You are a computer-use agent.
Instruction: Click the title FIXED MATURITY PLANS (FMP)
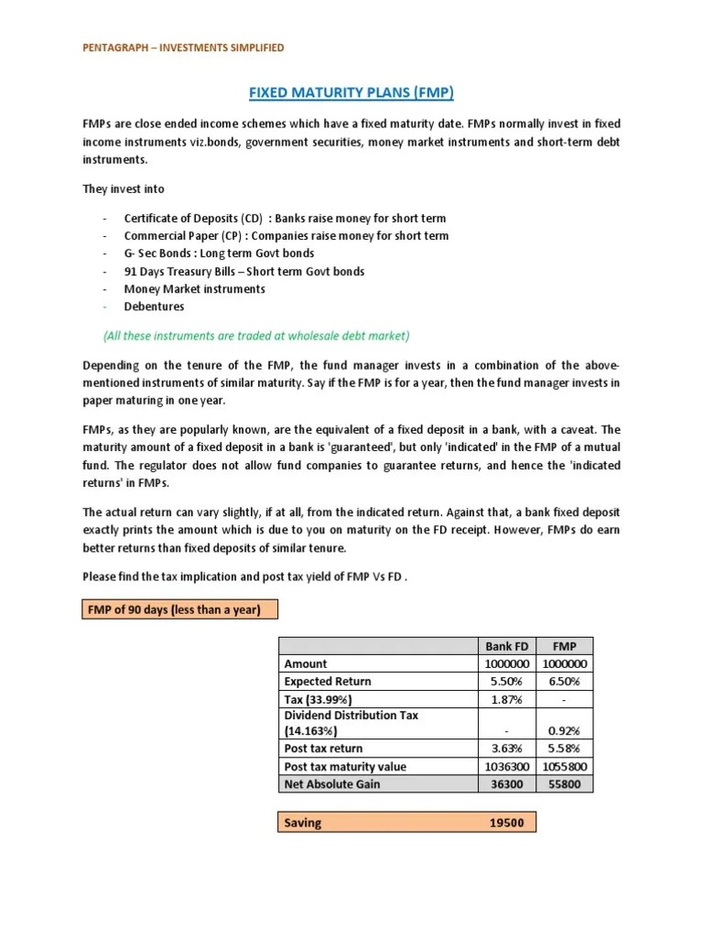[x=351, y=92]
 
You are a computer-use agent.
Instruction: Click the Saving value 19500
[x=506, y=823]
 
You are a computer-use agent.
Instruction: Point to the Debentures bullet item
[x=154, y=307]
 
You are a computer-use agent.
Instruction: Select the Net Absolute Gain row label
[x=331, y=784]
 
